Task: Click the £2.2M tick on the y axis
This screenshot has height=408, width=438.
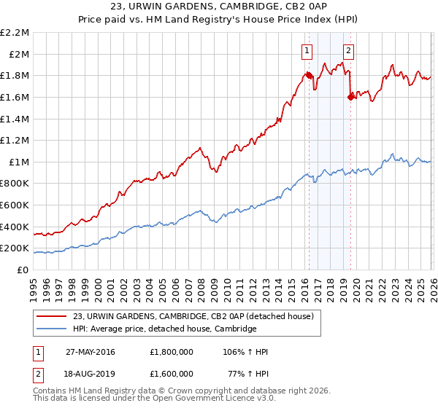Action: (x=15, y=33)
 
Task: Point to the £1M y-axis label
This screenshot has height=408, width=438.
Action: (x=19, y=162)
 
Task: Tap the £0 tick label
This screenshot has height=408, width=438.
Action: (x=23, y=270)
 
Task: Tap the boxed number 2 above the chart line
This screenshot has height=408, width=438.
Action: (x=348, y=50)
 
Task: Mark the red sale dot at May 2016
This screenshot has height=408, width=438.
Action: (x=309, y=75)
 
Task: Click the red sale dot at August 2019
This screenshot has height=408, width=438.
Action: (x=350, y=96)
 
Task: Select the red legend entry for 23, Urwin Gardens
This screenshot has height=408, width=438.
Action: (x=193, y=316)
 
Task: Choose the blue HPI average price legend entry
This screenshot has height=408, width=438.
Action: (x=165, y=329)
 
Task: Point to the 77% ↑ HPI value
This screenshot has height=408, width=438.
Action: (x=250, y=372)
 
